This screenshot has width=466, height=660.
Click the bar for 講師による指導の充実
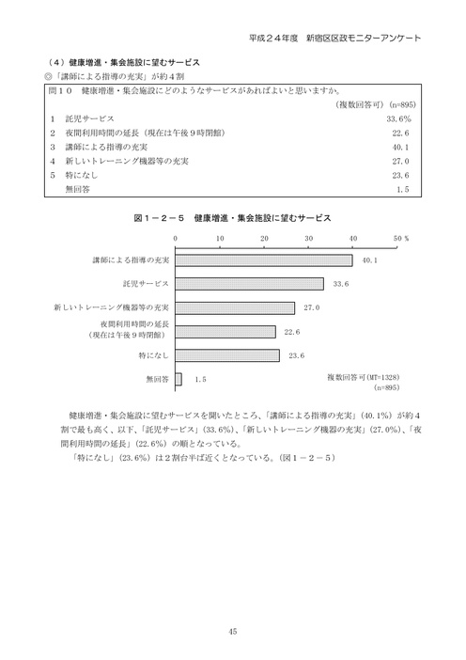[263, 259]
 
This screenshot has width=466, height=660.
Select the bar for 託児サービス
[249, 284]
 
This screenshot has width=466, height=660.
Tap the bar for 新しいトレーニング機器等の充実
[235, 307]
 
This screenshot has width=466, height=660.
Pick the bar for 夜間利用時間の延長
[225, 331]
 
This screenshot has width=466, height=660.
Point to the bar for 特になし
[226, 355]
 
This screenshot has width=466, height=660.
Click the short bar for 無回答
[179, 379]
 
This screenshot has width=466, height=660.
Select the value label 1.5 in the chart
[199, 379]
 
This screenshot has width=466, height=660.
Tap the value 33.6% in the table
[398, 120]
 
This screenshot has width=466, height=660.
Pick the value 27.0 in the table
[402, 161]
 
